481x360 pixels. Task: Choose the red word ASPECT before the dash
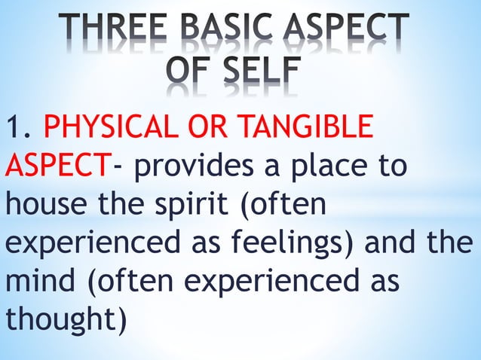coord(57,165)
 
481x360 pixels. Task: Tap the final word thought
coord(60,320)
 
